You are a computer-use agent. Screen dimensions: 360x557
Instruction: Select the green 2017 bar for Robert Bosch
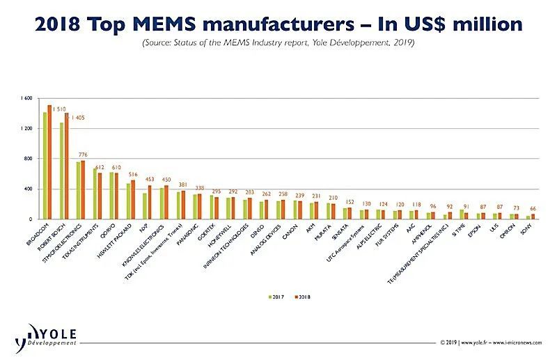pyautogui.click(x=62, y=171)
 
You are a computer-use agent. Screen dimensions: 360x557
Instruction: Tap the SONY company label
pyautogui.click(x=526, y=230)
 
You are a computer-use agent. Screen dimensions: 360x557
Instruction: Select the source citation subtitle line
pyautogui.click(x=278, y=42)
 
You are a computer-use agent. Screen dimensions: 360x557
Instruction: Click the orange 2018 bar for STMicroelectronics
pyautogui.click(x=83, y=190)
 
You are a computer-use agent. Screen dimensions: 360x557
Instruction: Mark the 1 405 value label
pyautogui.click(x=76, y=118)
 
